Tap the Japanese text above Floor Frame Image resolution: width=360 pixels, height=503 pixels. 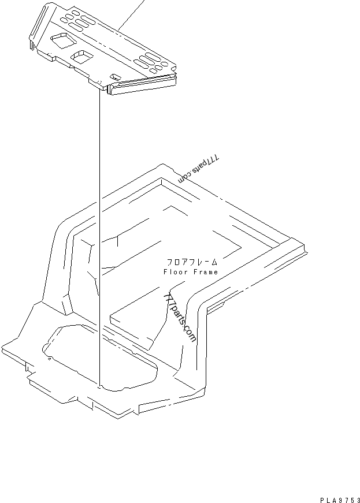(x=192, y=262)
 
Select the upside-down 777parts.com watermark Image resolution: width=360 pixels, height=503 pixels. (x=199, y=169)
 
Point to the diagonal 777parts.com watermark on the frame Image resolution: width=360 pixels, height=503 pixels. (x=180, y=318)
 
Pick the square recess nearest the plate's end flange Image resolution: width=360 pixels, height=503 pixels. (x=64, y=40)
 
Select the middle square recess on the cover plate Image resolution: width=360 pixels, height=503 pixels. (x=82, y=57)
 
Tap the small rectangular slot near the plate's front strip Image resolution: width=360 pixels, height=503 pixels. (x=116, y=77)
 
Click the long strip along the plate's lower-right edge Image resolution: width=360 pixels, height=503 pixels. (x=143, y=84)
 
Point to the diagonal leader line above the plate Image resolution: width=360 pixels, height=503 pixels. (x=131, y=15)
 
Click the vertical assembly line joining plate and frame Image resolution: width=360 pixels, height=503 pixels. (x=99, y=237)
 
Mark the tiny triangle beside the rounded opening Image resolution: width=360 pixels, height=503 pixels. (x=49, y=359)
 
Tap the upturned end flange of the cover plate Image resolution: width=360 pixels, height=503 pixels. (x=39, y=25)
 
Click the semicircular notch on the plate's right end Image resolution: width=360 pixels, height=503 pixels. (x=173, y=68)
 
